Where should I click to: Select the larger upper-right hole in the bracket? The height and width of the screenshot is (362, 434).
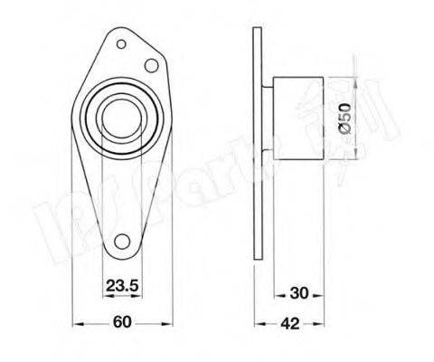[x=152, y=66]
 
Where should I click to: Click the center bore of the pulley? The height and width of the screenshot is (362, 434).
[x=119, y=119]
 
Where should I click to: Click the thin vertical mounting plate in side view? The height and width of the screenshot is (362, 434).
[x=255, y=145]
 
